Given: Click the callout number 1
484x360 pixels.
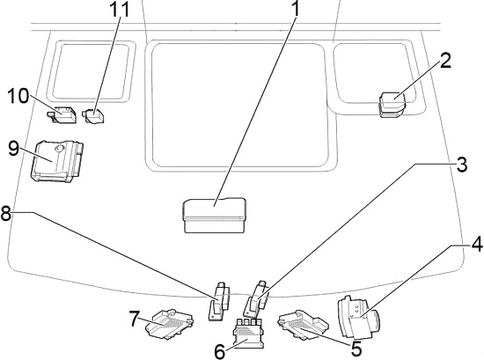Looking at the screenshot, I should point(296,11).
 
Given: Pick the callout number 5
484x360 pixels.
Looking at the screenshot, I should point(356,349).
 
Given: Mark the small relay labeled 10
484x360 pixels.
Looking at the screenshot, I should point(63,114).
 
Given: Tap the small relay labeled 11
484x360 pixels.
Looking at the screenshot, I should point(93,114).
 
